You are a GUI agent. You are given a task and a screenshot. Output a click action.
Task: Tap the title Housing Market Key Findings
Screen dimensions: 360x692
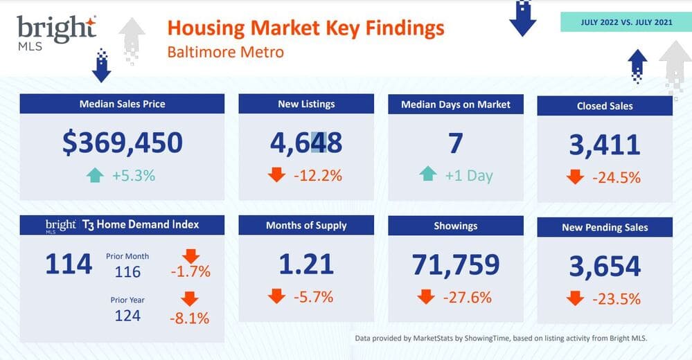305,28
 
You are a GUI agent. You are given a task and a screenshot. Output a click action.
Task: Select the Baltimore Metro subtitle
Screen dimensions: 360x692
225,52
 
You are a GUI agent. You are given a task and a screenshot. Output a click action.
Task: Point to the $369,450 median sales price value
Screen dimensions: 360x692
122,142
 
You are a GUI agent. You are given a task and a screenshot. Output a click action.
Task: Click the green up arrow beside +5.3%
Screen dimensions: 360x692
94,175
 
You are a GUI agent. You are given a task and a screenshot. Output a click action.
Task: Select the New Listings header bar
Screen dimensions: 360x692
306,104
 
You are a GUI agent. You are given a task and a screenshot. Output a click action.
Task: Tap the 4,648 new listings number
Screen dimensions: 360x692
306,142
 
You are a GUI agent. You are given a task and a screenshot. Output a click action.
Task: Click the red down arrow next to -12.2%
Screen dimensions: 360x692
276,175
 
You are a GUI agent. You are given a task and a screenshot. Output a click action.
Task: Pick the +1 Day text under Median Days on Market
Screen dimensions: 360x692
470,175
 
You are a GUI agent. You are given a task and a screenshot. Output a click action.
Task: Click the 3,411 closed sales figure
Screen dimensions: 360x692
605,145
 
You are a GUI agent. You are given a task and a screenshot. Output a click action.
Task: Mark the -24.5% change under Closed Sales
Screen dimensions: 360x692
615,177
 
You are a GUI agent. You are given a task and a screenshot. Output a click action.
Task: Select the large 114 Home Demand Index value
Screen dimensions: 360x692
69,264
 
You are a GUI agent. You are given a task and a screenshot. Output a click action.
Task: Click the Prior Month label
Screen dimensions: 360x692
127,256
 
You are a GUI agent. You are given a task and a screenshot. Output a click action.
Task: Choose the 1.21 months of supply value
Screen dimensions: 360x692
306,264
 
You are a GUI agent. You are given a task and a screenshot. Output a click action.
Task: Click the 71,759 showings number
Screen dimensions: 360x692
456,264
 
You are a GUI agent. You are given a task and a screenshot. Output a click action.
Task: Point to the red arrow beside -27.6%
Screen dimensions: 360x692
426,297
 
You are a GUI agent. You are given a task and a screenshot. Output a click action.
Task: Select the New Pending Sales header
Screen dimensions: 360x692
605,228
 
